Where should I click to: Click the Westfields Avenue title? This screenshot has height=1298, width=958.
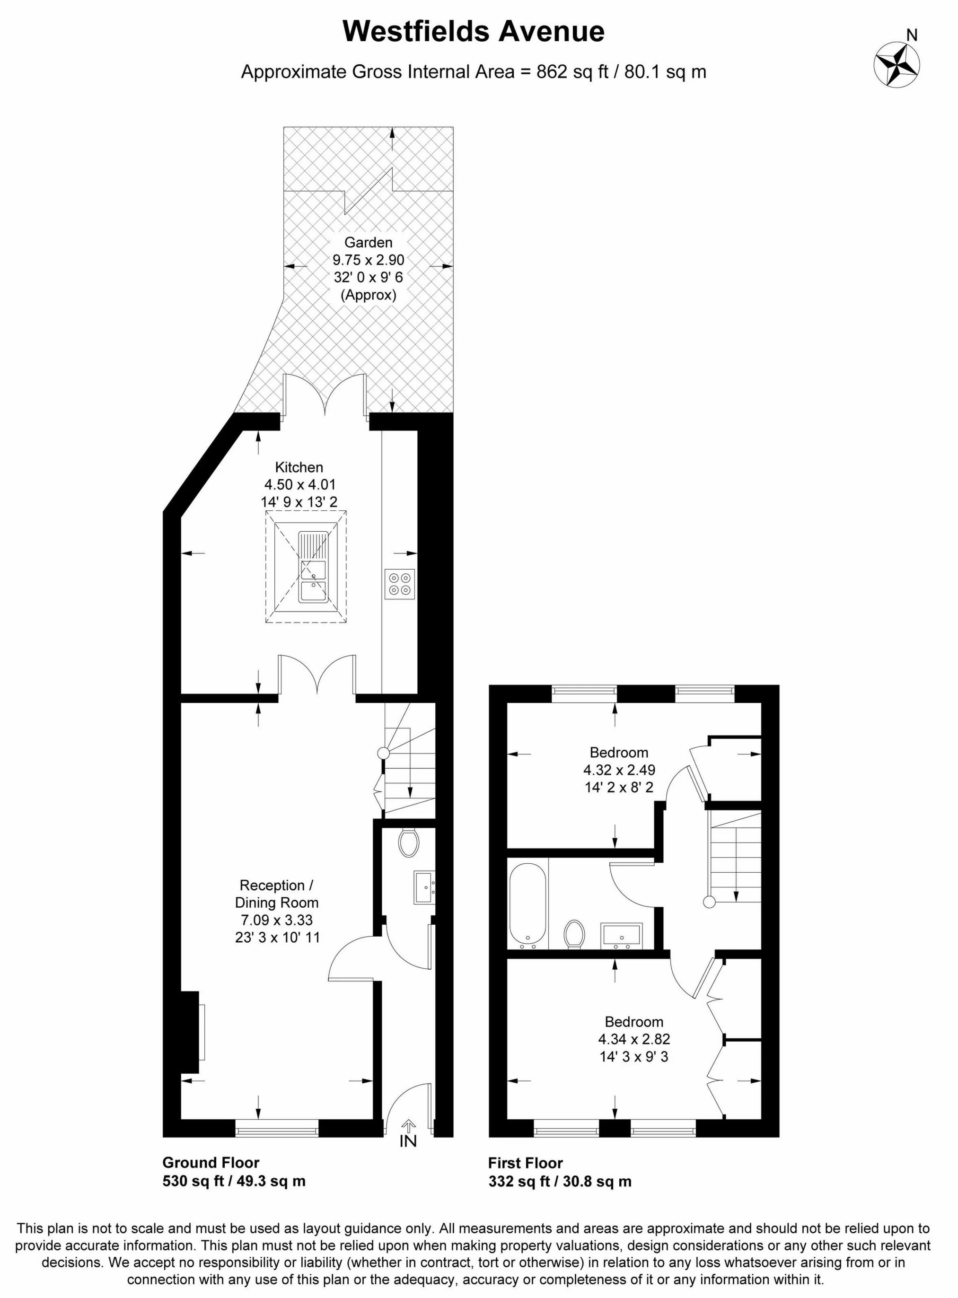tap(473, 31)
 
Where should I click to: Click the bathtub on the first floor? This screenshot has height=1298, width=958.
tap(527, 903)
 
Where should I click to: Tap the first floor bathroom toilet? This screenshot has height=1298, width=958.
tap(575, 934)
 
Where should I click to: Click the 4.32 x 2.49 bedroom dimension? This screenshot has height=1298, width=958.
tap(619, 770)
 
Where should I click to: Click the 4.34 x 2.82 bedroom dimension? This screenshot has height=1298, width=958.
tap(634, 1039)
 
